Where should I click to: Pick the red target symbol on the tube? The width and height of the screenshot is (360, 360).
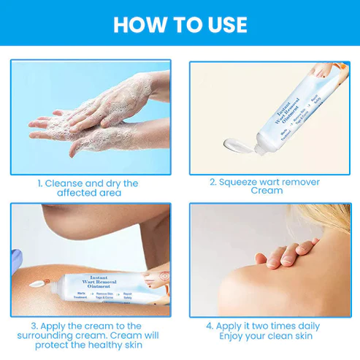[x=164, y=278]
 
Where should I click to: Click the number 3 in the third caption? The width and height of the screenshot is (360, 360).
[x=34, y=326]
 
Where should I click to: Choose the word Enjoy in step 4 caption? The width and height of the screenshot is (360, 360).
[x=235, y=336]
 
